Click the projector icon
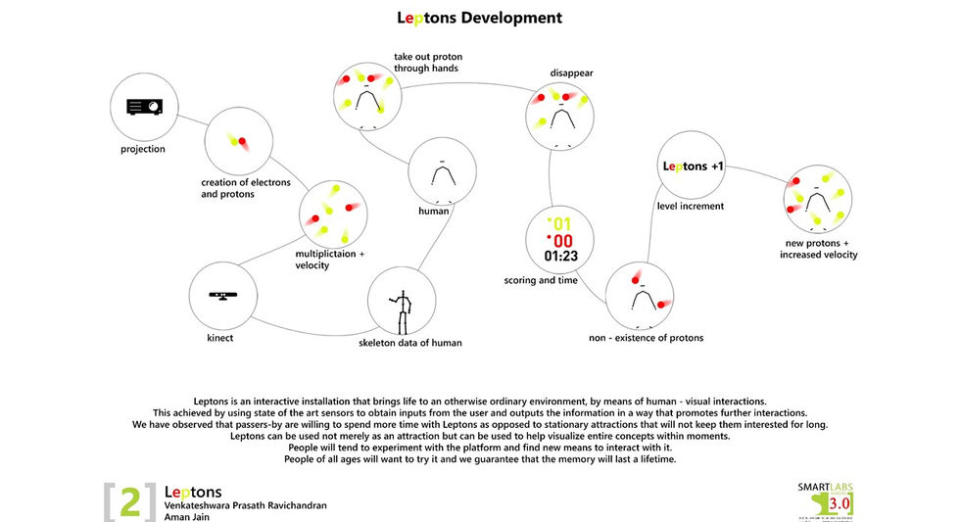143,107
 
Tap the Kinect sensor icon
222,295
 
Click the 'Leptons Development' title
479,18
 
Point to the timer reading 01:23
559,257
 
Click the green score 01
558,224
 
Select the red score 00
558,241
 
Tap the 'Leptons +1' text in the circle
693,166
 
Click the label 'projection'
143,150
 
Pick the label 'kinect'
221,338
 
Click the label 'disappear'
571,72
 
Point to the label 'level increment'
691,206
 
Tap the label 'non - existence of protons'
646,338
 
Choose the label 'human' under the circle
433,211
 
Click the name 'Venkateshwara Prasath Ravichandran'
245,505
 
